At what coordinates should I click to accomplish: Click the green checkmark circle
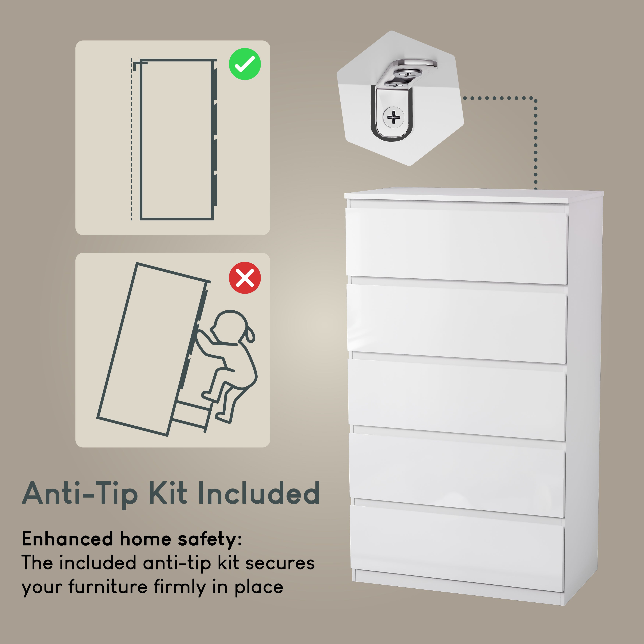(245, 64)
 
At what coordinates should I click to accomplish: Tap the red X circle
(245, 278)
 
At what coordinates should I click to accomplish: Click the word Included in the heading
(259, 493)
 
